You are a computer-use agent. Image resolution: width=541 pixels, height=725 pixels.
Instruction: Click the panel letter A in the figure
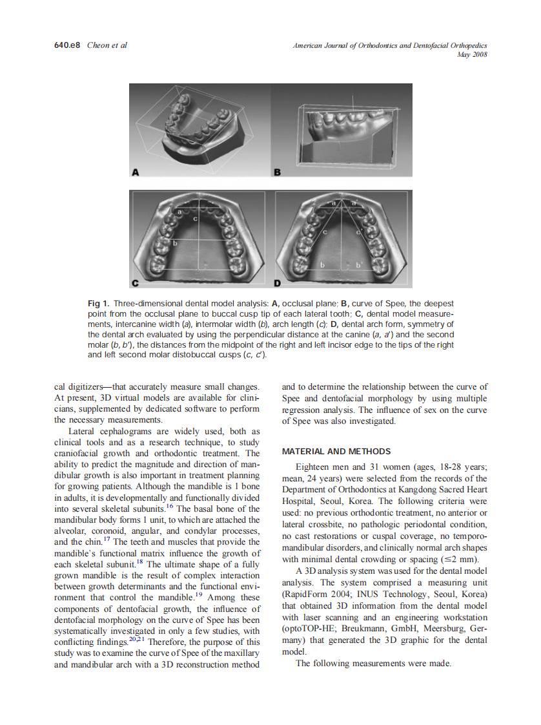coord(136,173)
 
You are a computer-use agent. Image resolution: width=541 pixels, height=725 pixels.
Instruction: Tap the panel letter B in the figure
coord(278,173)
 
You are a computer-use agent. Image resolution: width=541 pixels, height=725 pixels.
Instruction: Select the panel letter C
coord(136,283)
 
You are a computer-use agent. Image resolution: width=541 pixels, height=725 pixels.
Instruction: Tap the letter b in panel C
coord(174,243)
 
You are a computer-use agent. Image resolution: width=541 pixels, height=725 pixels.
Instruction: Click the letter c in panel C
coord(194,219)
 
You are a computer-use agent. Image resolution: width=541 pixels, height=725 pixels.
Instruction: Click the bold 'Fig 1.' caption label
coord(98,304)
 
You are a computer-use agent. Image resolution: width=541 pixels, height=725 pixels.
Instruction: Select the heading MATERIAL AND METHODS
coord(336,451)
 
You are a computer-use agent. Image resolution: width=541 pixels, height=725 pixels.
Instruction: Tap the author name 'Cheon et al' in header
coord(107,45)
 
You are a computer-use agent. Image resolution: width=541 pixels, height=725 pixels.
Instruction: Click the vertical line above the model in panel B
coord(352,103)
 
